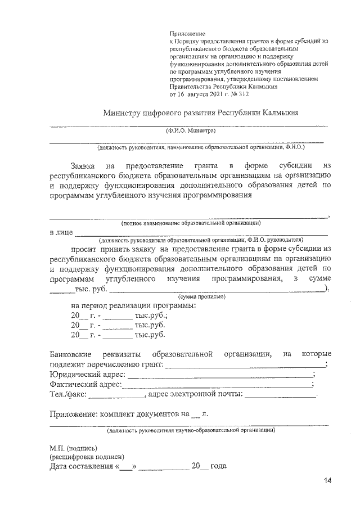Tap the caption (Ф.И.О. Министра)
click(191, 131)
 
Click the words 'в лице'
click(61, 232)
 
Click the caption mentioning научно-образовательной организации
click(191, 430)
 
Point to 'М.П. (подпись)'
click(73, 448)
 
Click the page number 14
click(328, 481)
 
